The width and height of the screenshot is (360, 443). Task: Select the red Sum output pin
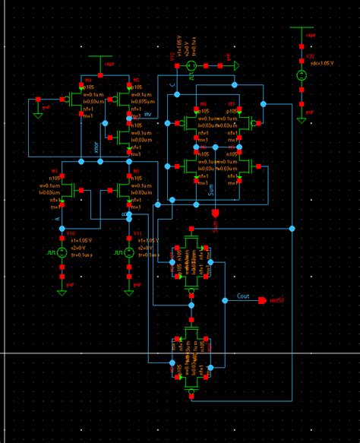click(x=215, y=213)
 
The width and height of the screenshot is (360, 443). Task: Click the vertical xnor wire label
click(x=96, y=148)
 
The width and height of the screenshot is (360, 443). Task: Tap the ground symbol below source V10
click(x=61, y=289)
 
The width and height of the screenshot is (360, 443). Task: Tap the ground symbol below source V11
click(x=128, y=289)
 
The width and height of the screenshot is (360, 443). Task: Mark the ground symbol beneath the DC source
click(x=302, y=114)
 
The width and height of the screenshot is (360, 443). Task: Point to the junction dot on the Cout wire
click(x=224, y=300)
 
